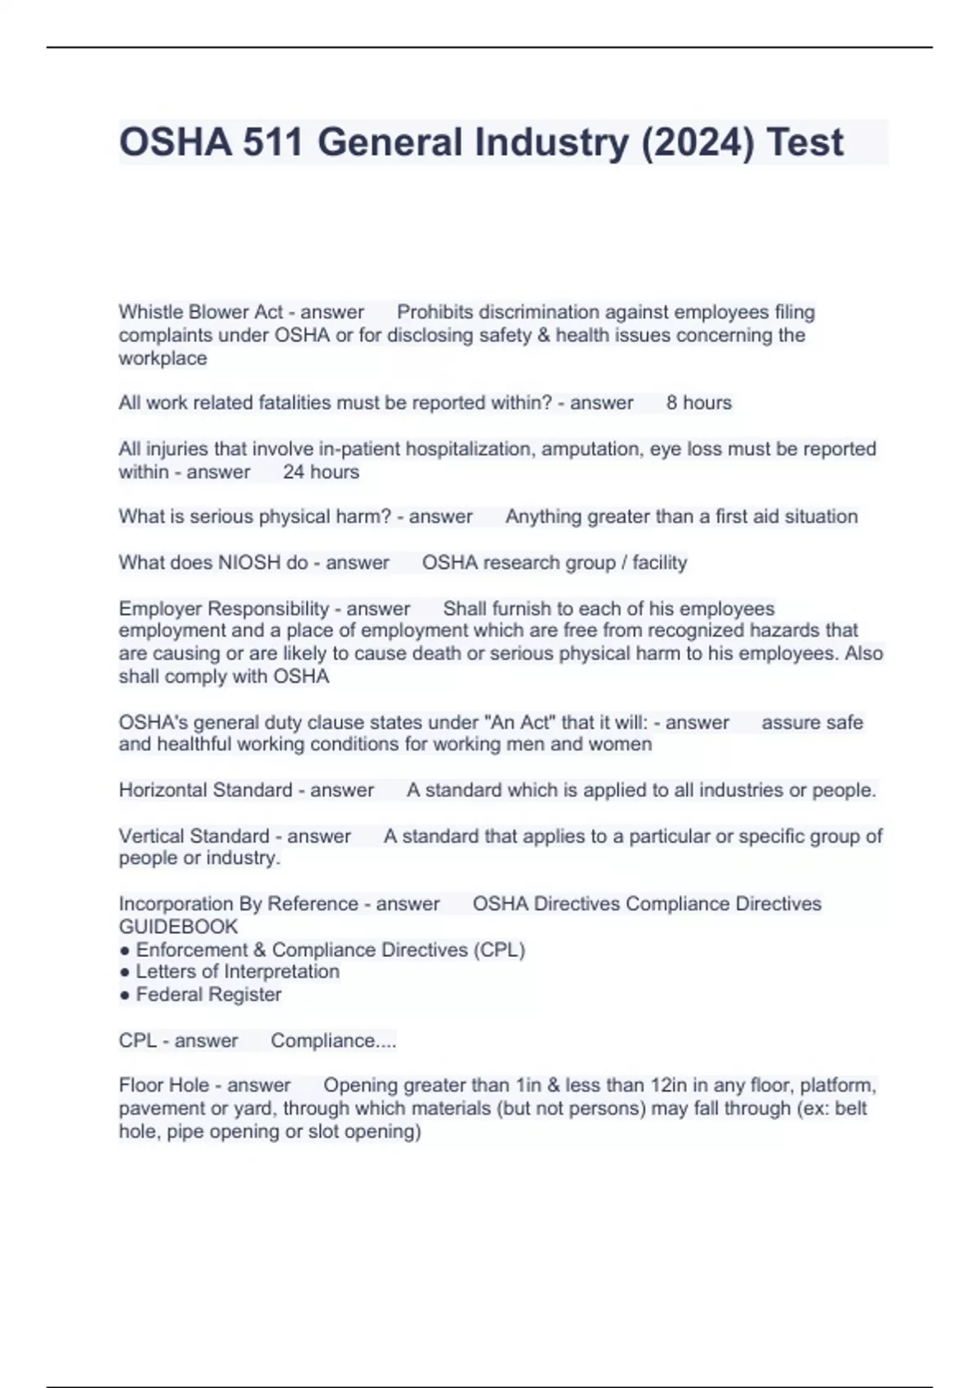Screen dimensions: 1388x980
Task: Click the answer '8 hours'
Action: click(x=699, y=403)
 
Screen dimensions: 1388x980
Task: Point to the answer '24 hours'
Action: click(x=321, y=472)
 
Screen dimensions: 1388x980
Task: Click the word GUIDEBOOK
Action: click(x=178, y=927)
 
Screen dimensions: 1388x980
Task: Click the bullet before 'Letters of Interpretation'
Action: click(x=124, y=972)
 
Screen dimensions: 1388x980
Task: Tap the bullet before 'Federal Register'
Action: click(x=124, y=995)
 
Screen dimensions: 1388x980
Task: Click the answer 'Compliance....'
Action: click(x=333, y=1041)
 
